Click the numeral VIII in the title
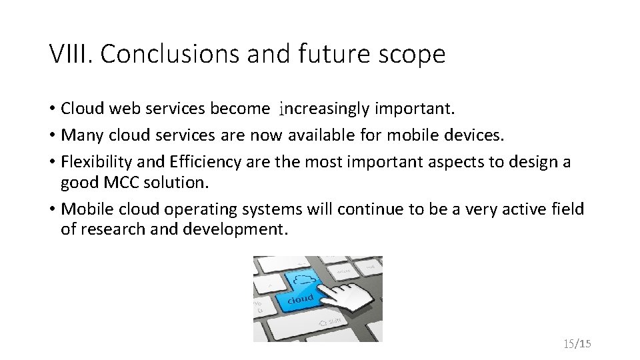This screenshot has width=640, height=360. pos(70,54)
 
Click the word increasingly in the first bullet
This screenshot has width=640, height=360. pos(324,108)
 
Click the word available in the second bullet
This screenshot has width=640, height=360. pos(323,135)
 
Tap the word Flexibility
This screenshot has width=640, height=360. pos(98,162)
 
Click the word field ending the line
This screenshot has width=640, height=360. pos(569,209)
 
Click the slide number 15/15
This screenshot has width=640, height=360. pos(577,344)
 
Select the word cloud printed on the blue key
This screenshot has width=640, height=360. pos(301,299)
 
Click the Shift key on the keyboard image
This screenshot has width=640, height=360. pos(331,322)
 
